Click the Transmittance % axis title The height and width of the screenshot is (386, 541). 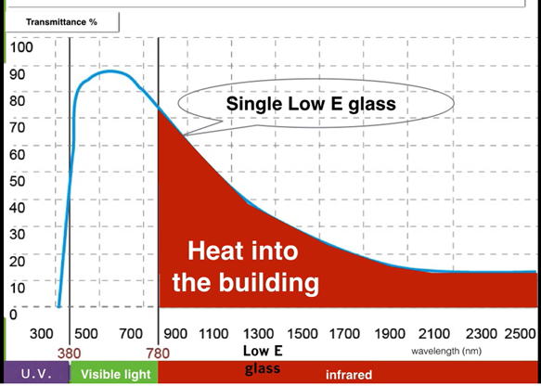coord(61,22)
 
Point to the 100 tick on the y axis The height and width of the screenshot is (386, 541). coord(21,47)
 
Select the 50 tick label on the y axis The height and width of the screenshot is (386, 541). coord(18,181)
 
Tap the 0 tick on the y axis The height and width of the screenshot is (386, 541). coord(13,315)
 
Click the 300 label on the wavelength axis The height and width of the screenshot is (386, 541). coord(42,334)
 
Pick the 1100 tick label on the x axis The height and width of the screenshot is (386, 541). coord(213,334)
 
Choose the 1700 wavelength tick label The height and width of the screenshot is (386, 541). coord(344,334)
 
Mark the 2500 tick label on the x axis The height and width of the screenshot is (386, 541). coord(520,334)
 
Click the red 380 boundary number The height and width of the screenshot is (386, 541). coord(69,354)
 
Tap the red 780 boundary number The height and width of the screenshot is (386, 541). coord(158,354)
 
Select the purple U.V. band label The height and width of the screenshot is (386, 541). coord(36,374)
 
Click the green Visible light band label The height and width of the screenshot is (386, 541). coord(116,375)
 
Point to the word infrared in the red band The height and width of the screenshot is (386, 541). coord(349,375)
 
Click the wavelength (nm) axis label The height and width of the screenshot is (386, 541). coord(446,352)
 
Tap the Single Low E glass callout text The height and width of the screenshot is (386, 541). coord(311,104)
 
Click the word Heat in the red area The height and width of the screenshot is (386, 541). coord(213,251)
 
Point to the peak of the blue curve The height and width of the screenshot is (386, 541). coord(109,71)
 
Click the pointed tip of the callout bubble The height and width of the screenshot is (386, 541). coord(184,135)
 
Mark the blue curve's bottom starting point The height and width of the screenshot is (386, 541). coord(59,305)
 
